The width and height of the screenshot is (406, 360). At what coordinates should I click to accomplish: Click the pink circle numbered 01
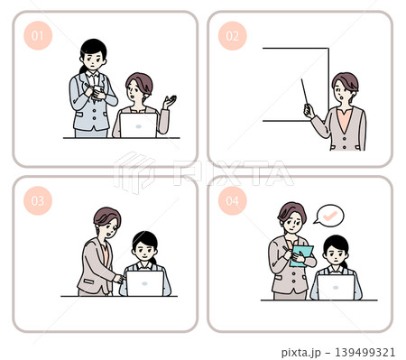point(38,36)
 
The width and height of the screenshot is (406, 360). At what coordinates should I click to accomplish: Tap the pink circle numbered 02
point(233,36)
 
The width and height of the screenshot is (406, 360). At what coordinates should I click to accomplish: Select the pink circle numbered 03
point(38,200)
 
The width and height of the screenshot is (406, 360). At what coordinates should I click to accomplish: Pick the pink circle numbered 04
point(233,200)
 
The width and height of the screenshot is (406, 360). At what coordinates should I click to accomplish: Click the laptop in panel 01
point(138,125)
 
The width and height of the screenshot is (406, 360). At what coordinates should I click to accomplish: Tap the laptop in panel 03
point(144,283)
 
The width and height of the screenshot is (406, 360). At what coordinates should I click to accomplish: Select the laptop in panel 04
point(336,287)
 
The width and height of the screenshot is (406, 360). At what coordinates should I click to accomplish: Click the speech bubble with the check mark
point(329,216)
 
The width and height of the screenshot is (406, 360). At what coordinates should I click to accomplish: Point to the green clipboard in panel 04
point(301,256)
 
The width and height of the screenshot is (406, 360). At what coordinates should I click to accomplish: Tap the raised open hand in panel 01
point(170,102)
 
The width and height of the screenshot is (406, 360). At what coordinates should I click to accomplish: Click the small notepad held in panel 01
point(97,92)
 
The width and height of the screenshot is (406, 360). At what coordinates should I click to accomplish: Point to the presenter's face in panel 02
point(343,92)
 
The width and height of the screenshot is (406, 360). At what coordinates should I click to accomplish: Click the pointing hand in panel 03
point(119,279)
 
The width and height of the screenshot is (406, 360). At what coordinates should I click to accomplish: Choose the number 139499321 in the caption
point(364,352)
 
